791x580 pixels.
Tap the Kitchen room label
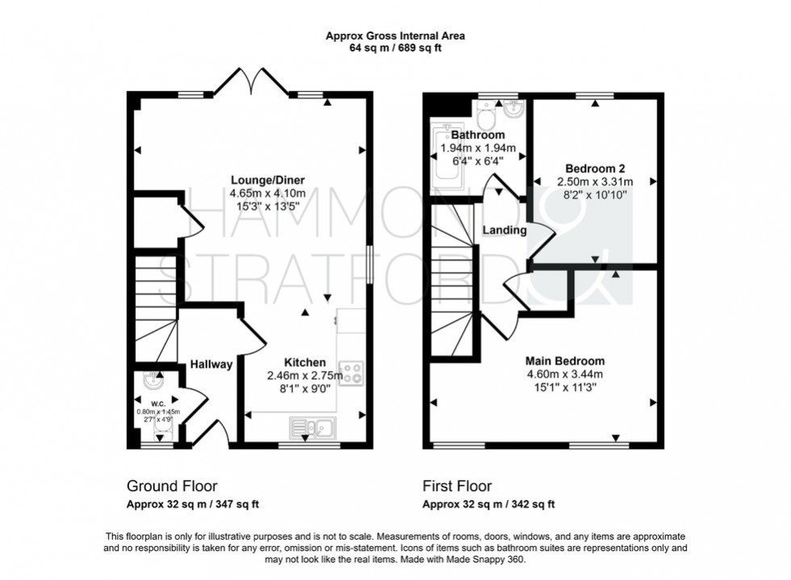[304, 362]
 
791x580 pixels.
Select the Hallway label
[211, 365]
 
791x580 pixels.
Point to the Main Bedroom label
[565, 361]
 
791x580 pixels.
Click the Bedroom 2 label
[595, 169]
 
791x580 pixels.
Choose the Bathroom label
[478, 135]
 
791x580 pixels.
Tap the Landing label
[504, 230]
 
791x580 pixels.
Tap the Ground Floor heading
[172, 486]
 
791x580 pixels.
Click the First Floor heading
[458, 486]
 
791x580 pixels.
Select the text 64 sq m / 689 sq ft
[395, 48]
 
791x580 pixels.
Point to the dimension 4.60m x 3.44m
[565, 374]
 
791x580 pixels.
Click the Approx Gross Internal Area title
[395, 35]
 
